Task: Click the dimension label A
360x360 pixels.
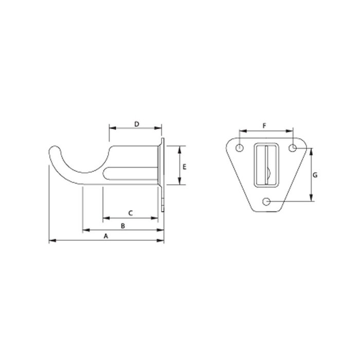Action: [x=106, y=236]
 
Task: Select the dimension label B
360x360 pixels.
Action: [x=122, y=226]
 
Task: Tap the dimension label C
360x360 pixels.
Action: [x=130, y=212]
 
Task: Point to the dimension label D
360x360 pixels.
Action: [x=136, y=124]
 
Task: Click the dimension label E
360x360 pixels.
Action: [x=184, y=166]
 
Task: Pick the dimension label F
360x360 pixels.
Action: [x=264, y=125]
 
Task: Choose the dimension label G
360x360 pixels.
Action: [x=315, y=175]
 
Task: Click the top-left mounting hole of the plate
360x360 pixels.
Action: [x=239, y=148]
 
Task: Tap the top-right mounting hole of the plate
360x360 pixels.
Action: [x=292, y=148]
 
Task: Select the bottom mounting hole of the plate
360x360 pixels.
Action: [x=266, y=201]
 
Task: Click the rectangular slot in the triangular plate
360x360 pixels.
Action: [x=266, y=163]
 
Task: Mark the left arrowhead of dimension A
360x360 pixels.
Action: [x=51, y=240]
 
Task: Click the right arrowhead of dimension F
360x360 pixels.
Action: [x=290, y=130]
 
